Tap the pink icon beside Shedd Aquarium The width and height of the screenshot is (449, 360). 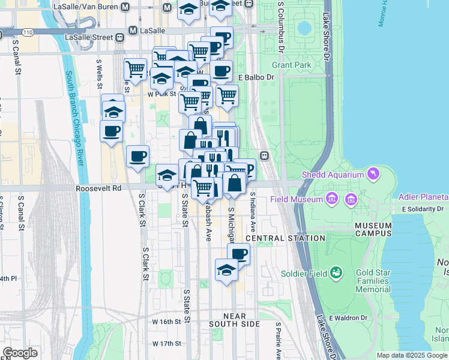tap(375, 174)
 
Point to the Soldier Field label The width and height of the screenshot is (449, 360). tap(304, 274)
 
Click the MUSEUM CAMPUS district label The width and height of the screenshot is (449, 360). tap(373, 230)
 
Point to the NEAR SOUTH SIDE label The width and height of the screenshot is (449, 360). tap(235, 320)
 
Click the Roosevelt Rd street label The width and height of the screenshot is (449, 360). tap(98, 188)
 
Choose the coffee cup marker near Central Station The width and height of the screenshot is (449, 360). tap(238, 254)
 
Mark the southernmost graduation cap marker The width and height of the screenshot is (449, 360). tap(226, 271)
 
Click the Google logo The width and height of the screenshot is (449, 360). tap(20, 353)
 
